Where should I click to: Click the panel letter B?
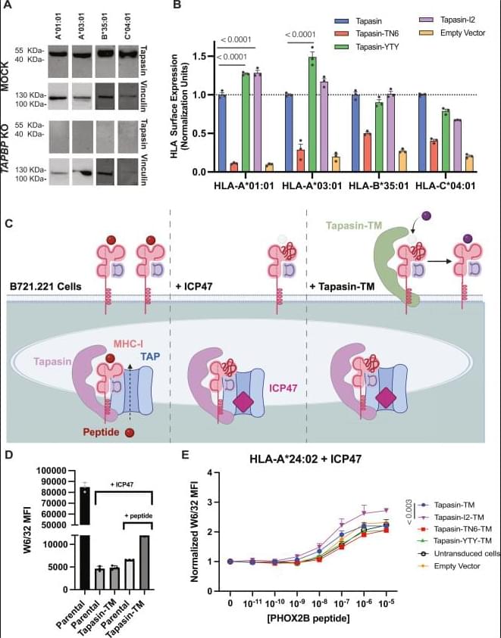click(177, 6)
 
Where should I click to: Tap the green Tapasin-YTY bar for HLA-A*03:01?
click(312, 114)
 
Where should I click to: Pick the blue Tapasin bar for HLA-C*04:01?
click(421, 133)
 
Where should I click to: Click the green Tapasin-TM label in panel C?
click(355, 226)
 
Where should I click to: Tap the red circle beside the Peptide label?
click(130, 432)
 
